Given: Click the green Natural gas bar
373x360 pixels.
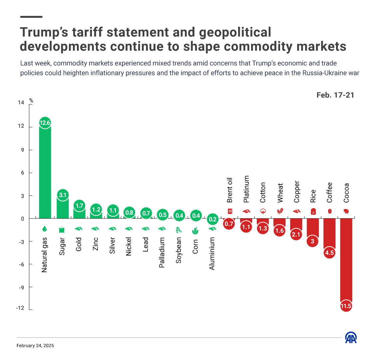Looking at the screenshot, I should (45, 173).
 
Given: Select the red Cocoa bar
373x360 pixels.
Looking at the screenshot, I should (346, 260).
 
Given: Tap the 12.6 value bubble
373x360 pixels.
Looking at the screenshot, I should (45, 123).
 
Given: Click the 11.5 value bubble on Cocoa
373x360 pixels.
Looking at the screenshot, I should (346, 306).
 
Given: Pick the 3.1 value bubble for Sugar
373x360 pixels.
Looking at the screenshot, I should (62, 195).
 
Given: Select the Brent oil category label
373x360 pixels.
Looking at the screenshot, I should (229, 190).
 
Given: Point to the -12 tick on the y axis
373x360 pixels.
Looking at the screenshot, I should (20, 308).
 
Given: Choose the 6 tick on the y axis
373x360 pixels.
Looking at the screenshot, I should (23, 173).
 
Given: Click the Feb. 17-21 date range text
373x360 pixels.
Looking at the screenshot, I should (335, 95).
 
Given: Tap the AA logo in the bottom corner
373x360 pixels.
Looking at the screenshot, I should (351, 338).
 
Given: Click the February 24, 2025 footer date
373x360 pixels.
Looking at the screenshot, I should (35, 346).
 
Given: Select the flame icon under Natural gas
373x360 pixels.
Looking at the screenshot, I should (45, 229).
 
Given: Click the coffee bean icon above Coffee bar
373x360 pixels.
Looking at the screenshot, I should (330, 211).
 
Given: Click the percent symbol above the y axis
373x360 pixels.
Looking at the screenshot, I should (31, 100).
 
